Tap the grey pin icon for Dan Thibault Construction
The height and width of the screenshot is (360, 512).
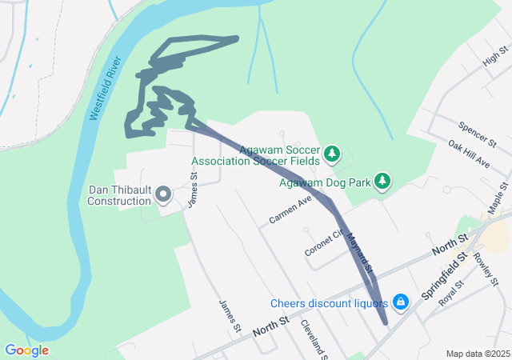[x=163, y=194]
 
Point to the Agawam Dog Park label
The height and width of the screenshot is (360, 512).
[x=325, y=182]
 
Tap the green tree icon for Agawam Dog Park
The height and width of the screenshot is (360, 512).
[x=383, y=181]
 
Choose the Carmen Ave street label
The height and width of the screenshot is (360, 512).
[x=290, y=210]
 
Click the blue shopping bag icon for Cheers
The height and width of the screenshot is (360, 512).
[x=402, y=302]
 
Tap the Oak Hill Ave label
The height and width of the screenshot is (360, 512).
[x=469, y=154]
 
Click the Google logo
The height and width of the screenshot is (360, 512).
[x=26, y=350]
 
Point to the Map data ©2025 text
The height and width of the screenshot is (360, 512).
[x=478, y=354]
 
